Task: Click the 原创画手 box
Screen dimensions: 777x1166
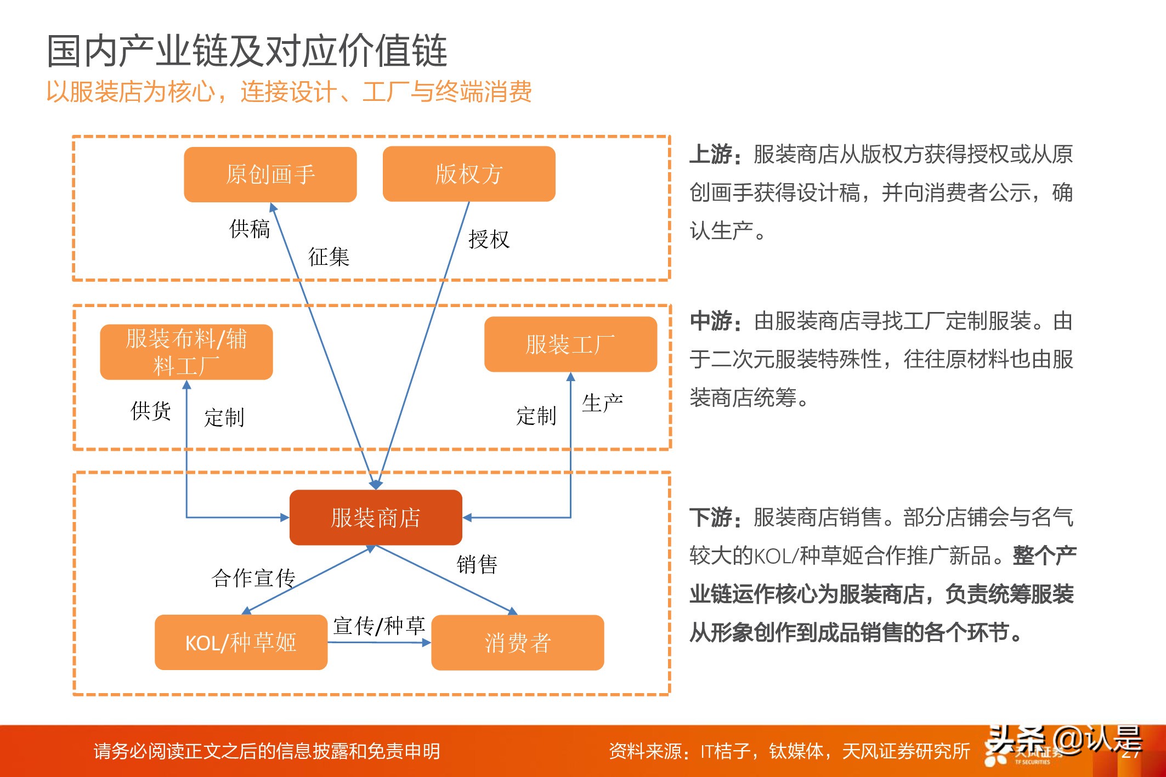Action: [x=270, y=174]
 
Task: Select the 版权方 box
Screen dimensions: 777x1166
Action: [x=468, y=174]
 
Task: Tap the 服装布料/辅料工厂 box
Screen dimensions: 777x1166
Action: [x=186, y=352]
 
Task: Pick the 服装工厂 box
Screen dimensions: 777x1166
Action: [x=570, y=344]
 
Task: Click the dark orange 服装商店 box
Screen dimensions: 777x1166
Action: [x=376, y=518]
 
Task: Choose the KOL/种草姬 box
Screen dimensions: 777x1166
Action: [x=241, y=642]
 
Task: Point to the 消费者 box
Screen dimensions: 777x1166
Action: [x=517, y=643]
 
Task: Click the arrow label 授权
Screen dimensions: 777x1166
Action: [x=489, y=240]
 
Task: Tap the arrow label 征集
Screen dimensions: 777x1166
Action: [x=329, y=257]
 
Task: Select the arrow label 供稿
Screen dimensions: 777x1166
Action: [x=250, y=229]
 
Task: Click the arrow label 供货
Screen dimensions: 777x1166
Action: [x=151, y=411]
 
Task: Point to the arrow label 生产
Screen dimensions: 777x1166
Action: [x=602, y=403]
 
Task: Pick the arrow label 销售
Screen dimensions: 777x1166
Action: [x=477, y=564]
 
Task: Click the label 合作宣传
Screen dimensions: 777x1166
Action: [x=253, y=578]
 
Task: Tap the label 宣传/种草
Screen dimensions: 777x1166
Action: [x=379, y=626]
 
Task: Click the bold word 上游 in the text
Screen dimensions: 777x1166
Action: [x=711, y=155]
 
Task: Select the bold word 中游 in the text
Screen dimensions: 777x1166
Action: [x=711, y=321]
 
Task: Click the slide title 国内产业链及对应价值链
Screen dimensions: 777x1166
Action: [x=247, y=50]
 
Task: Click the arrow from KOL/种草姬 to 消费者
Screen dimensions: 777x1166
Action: [x=379, y=643]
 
